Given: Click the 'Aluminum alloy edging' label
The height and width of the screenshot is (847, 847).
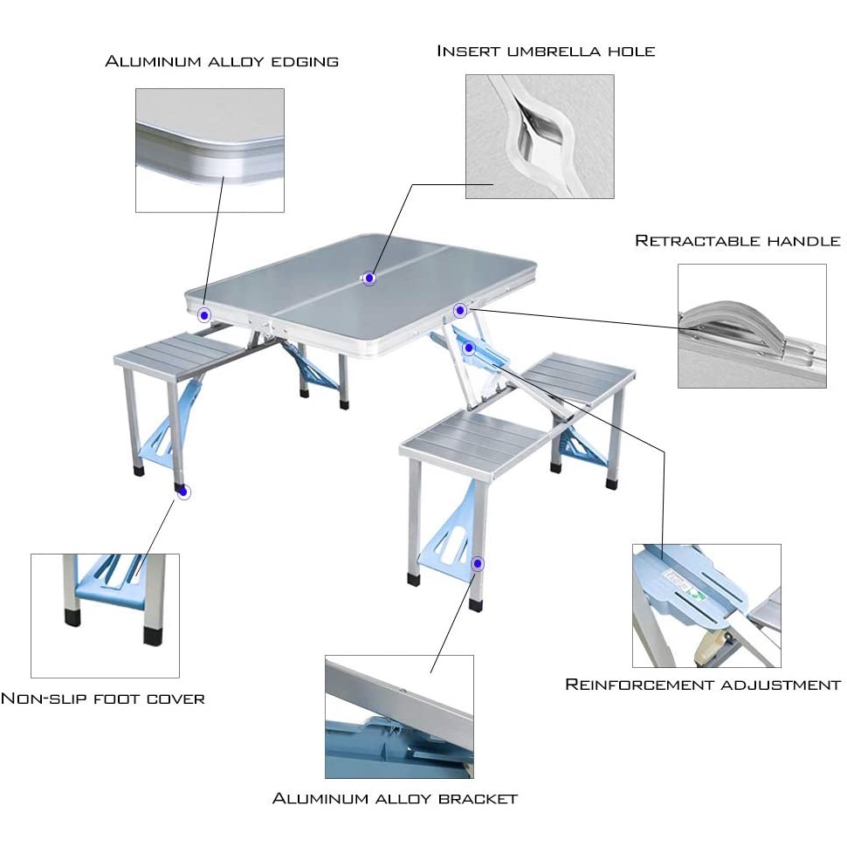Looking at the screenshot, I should pyautogui.click(x=222, y=61).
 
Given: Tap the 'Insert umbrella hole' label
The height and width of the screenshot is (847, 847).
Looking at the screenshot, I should pyautogui.click(x=546, y=51).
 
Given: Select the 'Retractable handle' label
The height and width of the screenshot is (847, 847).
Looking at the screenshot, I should pyautogui.click(x=738, y=240).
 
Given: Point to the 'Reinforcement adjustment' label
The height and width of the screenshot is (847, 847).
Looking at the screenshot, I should pyautogui.click(x=703, y=685).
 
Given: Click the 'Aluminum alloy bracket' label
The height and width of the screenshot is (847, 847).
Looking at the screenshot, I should pyautogui.click(x=396, y=798).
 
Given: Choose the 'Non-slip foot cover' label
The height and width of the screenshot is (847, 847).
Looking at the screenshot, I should pyautogui.click(x=103, y=699).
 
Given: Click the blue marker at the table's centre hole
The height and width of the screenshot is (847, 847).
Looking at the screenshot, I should pyautogui.click(x=369, y=279).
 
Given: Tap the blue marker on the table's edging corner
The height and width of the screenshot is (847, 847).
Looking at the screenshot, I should pyautogui.click(x=204, y=315).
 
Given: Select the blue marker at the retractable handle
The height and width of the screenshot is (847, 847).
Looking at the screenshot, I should pyautogui.click(x=460, y=310).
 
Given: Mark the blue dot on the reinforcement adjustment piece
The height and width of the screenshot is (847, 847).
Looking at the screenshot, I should pyautogui.click(x=469, y=348).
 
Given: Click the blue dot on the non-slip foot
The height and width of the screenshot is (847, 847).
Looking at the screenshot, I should pyautogui.click(x=183, y=492).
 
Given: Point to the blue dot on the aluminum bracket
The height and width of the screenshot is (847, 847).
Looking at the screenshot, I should pyautogui.click(x=478, y=564).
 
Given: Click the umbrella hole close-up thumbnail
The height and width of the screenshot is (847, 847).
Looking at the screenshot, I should pyautogui.click(x=540, y=136).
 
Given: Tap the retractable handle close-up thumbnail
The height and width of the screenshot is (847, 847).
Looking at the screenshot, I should pyautogui.click(x=752, y=326).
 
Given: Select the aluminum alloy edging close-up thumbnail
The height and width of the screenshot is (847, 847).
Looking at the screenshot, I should pyautogui.click(x=210, y=149).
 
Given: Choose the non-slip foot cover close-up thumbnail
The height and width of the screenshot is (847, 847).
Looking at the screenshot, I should pyautogui.click(x=105, y=615).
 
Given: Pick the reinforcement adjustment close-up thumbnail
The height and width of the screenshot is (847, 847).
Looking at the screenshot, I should pyautogui.click(x=706, y=605).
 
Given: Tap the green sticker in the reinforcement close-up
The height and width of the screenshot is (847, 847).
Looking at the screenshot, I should pyautogui.click(x=696, y=594).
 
